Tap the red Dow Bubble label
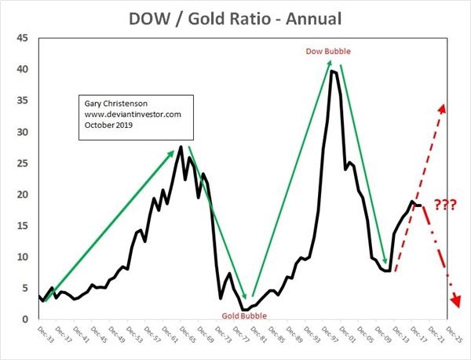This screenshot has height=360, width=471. pos(327,52)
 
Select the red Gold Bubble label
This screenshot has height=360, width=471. pos(242,315)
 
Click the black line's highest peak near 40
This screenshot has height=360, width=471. pos(333,71)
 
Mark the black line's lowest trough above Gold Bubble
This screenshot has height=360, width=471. pos(244,309)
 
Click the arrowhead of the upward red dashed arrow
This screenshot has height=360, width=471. pos(443,107)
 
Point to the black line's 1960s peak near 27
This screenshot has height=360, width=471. pos(181,147)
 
